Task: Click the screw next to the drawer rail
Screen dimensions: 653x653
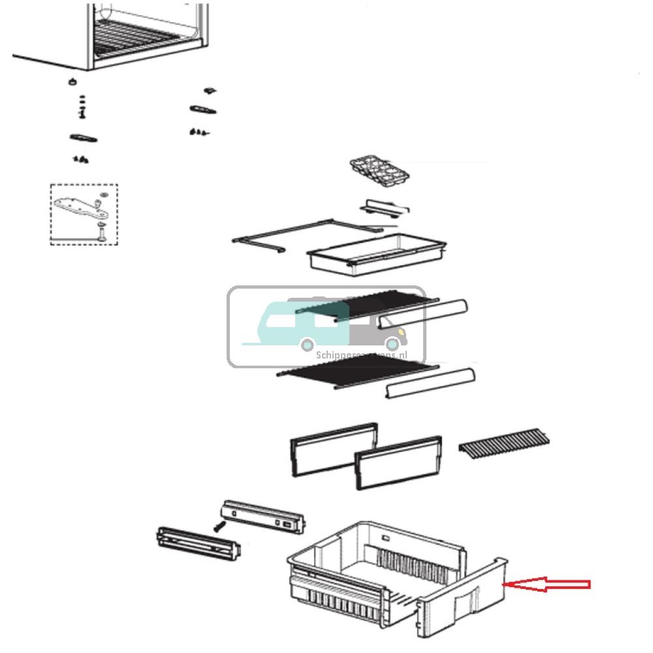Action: click(220, 524)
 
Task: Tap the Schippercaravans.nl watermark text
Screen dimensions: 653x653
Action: click(361, 355)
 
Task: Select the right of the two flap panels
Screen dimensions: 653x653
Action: click(398, 466)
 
